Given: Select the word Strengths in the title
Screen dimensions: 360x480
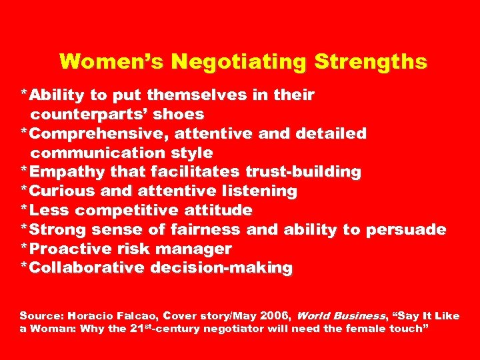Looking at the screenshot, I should click(371, 62).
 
